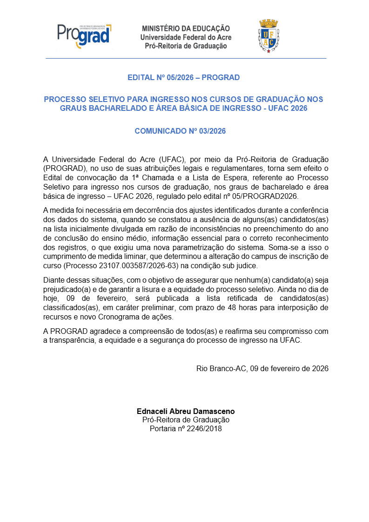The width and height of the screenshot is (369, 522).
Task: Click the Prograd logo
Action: click(x=84, y=35)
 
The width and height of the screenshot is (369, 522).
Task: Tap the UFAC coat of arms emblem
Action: click(x=268, y=36)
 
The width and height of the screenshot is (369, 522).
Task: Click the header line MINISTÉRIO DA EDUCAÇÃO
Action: click(x=186, y=28)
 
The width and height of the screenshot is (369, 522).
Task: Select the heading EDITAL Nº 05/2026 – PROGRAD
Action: click(x=184, y=77)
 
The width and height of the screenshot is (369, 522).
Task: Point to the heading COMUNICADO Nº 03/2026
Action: click(x=180, y=131)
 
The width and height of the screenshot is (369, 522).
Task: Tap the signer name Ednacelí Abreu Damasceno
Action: click(x=186, y=411)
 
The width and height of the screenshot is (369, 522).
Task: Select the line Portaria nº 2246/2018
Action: click(x=186, y=428)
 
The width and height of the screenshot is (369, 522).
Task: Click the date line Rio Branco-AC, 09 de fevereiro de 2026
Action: click(x=262, y=368)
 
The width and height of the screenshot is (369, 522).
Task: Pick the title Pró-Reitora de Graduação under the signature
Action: click(x=186, y=420)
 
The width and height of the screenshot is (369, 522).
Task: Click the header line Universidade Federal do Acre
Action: click(x=186, y=37)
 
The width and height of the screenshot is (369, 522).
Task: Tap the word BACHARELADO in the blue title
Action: click(x=117, y=108)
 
